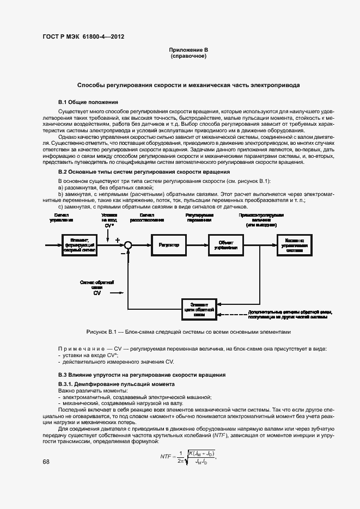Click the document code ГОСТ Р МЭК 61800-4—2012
click(x=83, y=37)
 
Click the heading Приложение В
click(x=188, y=51)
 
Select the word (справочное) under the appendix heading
click(x=188, y=57)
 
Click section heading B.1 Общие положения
click(x=88, y=102)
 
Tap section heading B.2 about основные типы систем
click(x=144, y=172)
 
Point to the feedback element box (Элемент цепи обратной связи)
click(x=199, y=308)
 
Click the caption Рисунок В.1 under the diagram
click(x=188, y=332)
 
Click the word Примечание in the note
click(x=81, y=348)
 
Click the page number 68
click(x=46, y=462)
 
